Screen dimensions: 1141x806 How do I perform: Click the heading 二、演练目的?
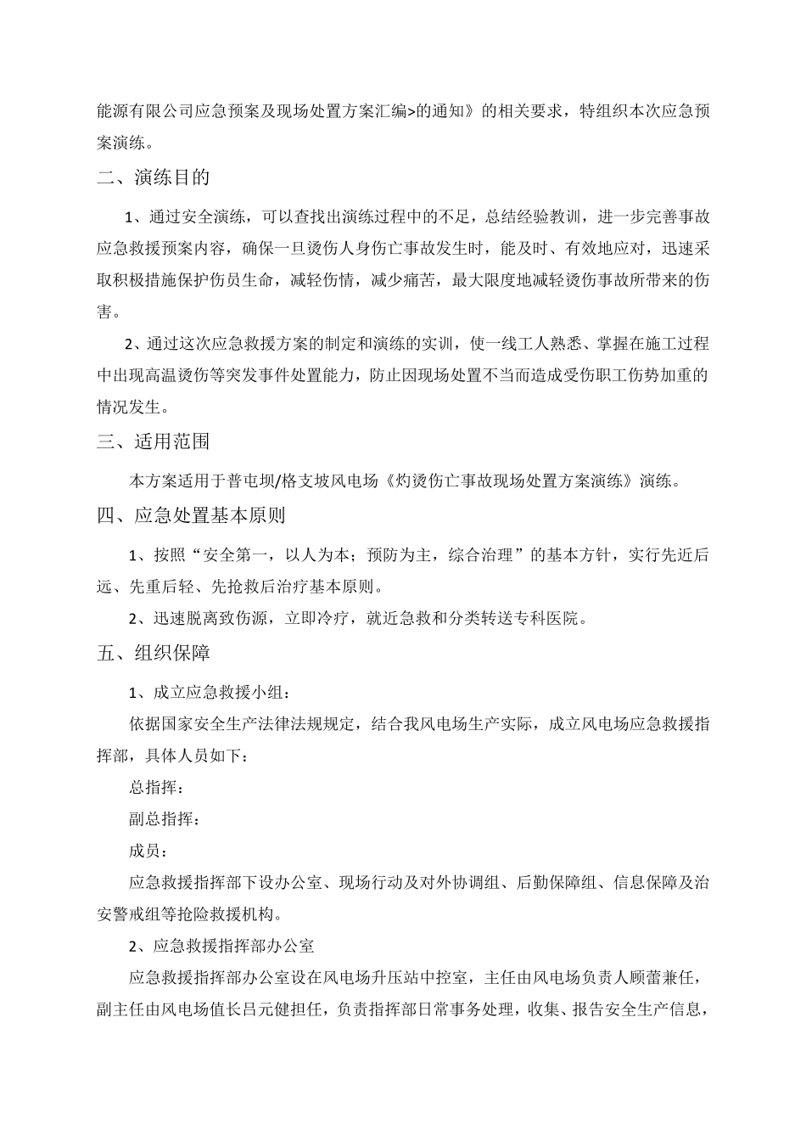coord(154,177)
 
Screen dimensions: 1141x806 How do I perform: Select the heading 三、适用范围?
coord(154,441)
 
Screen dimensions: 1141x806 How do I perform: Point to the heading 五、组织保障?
coord(154,653)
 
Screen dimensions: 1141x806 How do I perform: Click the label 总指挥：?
coord(155,787)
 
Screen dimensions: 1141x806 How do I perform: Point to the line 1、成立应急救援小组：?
coord(210,693)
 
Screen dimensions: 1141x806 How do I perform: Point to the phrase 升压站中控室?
coord(416,978)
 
